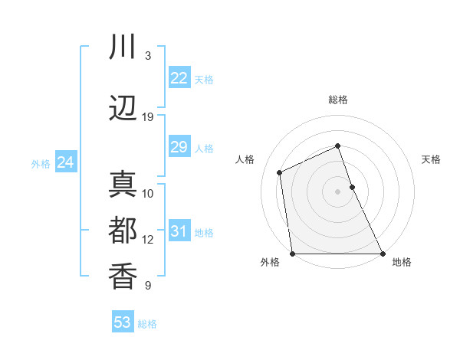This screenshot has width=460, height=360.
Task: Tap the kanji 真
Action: (x=123, y=185)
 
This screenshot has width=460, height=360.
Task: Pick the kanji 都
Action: (x=123, y=229)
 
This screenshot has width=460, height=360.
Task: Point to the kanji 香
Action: (x=123, y=274)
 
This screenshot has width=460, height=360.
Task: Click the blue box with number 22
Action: (x=179, y=78)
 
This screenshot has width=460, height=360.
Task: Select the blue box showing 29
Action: (x=179, y=147)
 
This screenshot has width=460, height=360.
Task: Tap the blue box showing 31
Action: (x=179, y=232)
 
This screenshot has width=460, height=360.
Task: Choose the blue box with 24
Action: (x=66, y=162)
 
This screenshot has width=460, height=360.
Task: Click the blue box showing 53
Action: (x=122, y=322)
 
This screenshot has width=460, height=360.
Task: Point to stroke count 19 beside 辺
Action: (x=148, y=117)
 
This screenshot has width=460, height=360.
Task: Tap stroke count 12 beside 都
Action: (x=148, y=240)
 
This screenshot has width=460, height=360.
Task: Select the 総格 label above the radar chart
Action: (x=338, y=100)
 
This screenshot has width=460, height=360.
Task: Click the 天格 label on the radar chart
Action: (x=432, y=159)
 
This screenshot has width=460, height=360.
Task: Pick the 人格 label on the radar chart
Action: (x=245, y=159)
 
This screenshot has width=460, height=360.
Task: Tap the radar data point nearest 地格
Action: (x=382, y=253)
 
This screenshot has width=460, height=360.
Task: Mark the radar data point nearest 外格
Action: (x=293, y=253)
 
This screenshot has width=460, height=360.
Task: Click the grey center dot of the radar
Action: (x=337, y=191)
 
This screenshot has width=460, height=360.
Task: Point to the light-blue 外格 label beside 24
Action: (x=40, y=163)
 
